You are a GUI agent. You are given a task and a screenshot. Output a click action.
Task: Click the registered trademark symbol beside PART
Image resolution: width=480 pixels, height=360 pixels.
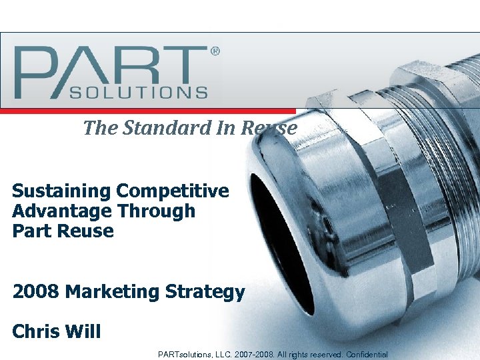click(215, 51)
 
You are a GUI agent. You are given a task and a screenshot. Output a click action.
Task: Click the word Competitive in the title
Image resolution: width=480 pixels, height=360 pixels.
click(173, 191)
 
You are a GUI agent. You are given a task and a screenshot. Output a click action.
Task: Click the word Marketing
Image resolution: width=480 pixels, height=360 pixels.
click(113, 292)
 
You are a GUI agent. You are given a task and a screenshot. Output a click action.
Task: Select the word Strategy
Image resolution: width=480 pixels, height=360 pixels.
click(206, 292)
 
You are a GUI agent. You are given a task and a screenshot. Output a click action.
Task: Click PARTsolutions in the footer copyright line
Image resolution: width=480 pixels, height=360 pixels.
click(185, 354)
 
